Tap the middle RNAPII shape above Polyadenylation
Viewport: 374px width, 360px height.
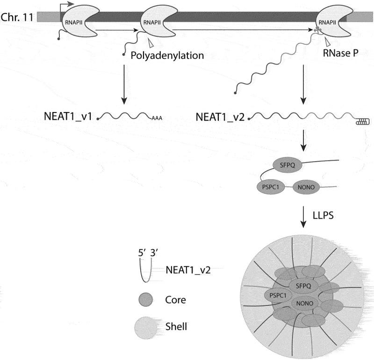point(153,21)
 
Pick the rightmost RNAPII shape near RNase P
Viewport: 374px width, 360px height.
point(328,21)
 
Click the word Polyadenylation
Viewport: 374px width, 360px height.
point(167,56)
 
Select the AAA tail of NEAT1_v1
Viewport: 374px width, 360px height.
point(157,119)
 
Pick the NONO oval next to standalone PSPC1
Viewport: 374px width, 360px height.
point(306,188)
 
